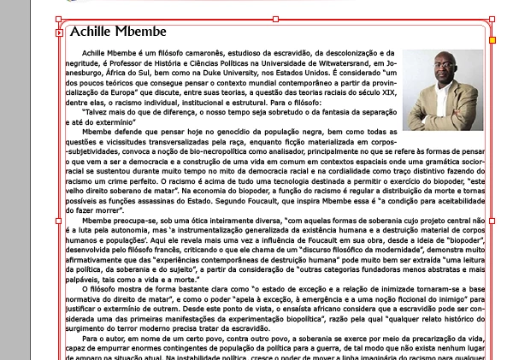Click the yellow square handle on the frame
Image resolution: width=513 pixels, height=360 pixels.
pyautogui.click(x=492, y=38)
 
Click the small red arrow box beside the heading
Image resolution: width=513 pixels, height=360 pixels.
pyautogui.click(x=59, y=33)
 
